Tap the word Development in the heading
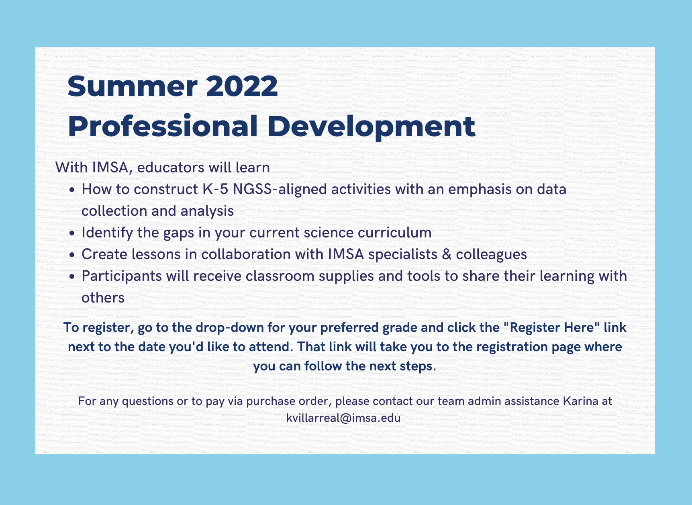371,127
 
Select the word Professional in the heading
163,127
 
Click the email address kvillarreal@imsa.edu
343,418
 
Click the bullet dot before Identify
72,233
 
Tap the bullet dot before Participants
72,277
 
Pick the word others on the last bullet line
103,298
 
